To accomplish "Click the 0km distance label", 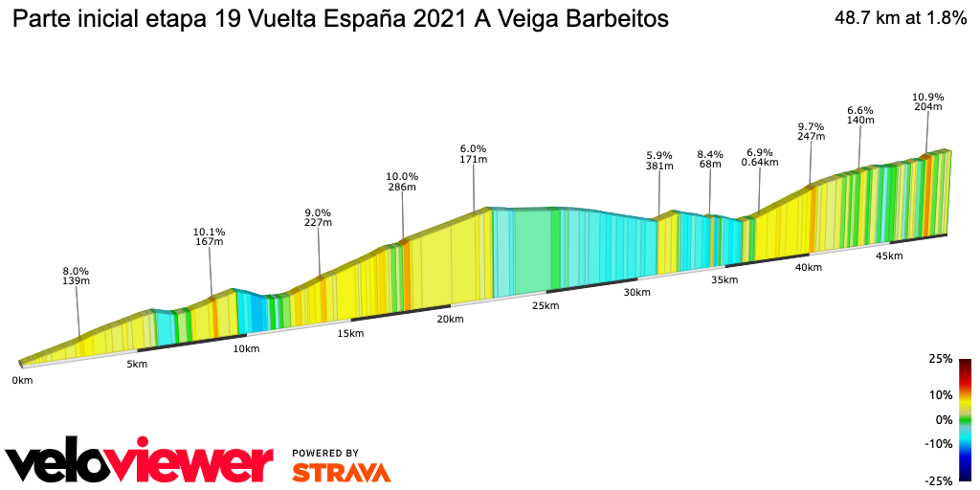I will point(22,381).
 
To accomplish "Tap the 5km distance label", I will point(137,364).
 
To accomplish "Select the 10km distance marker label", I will point(246,348).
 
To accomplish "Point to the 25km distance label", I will point(545,305).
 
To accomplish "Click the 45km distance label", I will point(889,256).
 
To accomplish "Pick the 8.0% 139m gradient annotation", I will point(76,276).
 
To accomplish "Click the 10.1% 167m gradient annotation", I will point(209,236).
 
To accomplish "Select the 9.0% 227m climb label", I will point(318,217).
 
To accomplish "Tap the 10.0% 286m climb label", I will point(402,182).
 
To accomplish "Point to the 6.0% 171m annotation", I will point(474,154).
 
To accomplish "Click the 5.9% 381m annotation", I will point(659,160).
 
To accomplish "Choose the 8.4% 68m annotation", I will point(710,159).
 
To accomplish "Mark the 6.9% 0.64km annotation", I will point(759,157).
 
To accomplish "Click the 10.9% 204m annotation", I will point(927,101).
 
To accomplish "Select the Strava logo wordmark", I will point(341,472).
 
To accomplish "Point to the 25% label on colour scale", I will point(941,359).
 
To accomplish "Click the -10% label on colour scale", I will point(940,443).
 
